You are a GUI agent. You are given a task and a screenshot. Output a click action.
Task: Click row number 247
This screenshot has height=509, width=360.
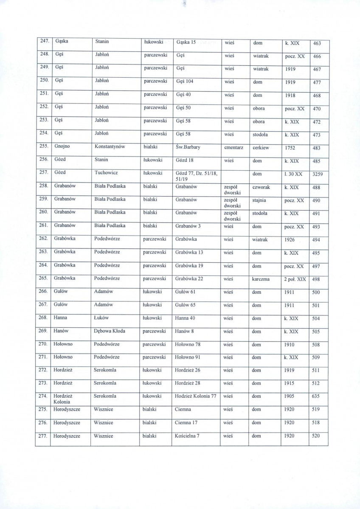44,42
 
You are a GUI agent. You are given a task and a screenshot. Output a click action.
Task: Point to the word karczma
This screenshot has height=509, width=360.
262,279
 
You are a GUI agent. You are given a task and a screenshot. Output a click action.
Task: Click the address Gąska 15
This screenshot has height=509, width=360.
185,42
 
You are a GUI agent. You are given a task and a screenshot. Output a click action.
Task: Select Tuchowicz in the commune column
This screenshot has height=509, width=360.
107,173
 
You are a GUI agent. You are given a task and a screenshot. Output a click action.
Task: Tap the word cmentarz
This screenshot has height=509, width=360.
233,148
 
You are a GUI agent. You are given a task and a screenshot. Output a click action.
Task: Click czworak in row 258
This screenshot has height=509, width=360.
262,187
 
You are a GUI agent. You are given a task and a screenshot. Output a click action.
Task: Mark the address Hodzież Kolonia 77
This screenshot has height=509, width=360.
196,396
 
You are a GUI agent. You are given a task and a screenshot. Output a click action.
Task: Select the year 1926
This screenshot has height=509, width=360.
290,239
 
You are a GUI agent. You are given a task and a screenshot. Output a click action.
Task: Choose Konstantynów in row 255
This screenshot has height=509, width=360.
112,148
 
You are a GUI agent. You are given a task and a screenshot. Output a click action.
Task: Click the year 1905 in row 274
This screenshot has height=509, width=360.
290,396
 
